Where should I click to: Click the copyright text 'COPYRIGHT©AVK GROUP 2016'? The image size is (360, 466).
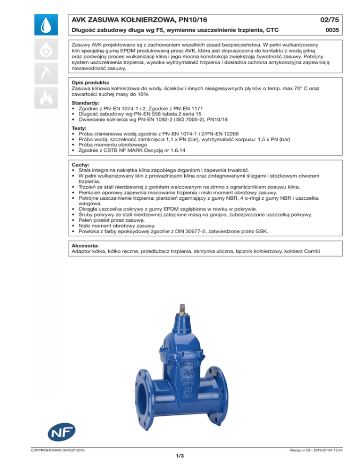point(53,451)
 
